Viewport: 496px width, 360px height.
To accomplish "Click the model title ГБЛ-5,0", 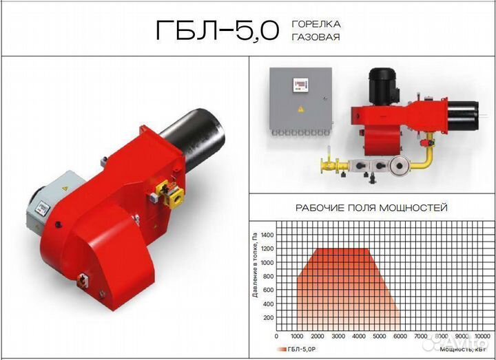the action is tap(218, 31).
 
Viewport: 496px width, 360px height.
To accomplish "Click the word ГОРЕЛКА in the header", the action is tap(316, 24).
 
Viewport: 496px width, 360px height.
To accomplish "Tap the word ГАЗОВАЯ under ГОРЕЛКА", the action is tap(316, 37).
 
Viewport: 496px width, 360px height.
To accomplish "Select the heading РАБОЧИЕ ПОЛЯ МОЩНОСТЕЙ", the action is tap(372, 208).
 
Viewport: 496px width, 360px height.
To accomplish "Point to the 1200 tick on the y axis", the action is tap(267, 248).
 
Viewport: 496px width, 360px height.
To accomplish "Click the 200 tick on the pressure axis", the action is tap(269, 317).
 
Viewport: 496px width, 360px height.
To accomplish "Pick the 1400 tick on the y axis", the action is tap(267, 235).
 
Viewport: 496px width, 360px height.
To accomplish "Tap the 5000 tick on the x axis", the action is tap(380, 337).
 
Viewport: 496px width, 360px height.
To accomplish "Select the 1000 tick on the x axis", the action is tap(297, 337).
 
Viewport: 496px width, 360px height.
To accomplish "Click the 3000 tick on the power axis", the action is tap(338, 337).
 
